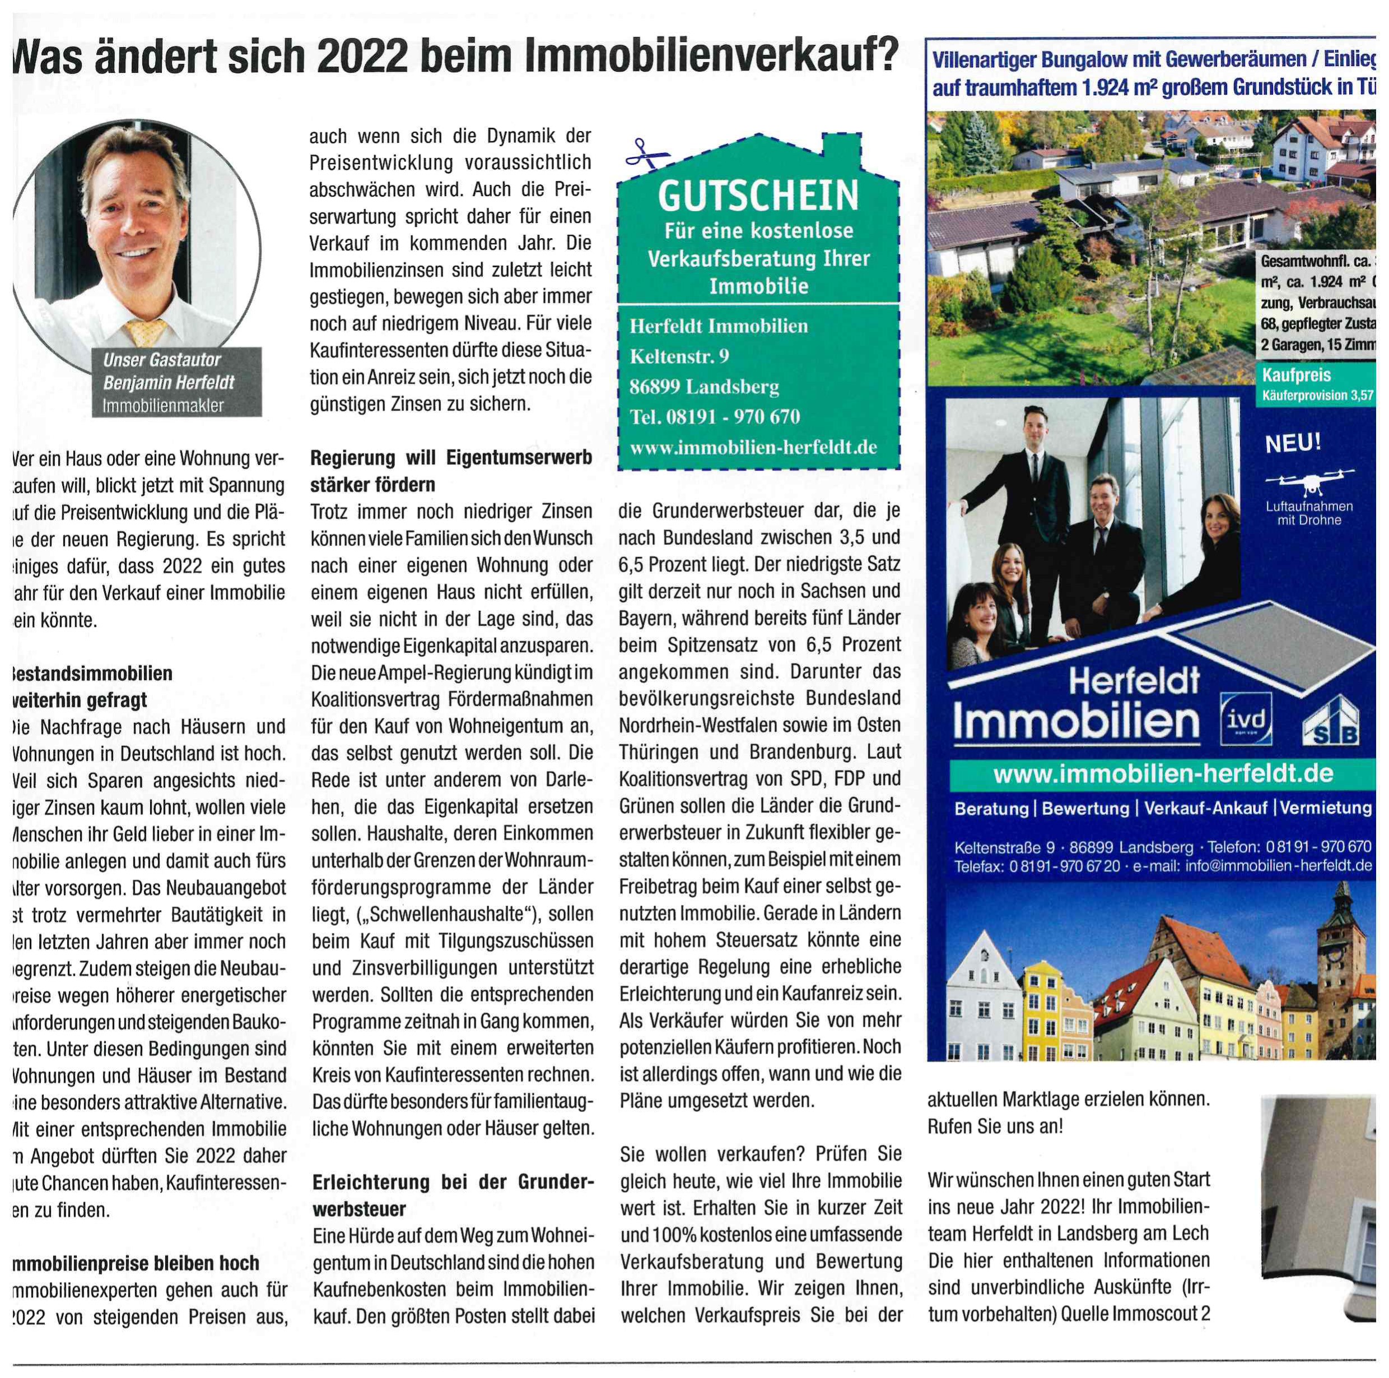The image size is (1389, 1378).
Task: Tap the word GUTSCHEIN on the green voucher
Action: click(758, 196)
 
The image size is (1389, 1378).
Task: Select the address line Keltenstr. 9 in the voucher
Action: click(679, 356)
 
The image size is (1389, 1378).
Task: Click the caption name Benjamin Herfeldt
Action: click(169, 383)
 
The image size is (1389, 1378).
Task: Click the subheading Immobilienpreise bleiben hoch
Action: click(136, 1263)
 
